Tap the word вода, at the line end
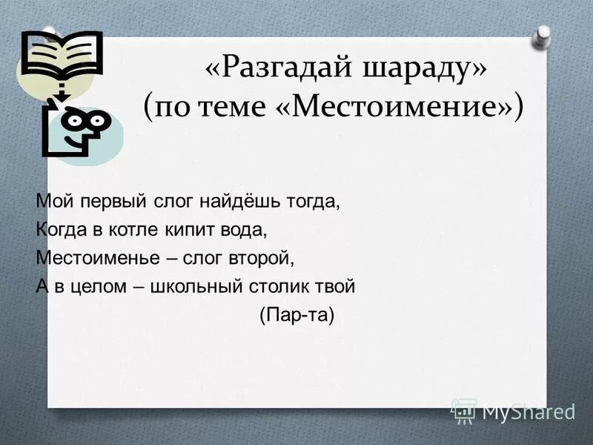(x=242, y=229)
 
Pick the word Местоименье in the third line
(x=92, y=258)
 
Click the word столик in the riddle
(x=286, y=286)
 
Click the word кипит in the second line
(x=191, y=229)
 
